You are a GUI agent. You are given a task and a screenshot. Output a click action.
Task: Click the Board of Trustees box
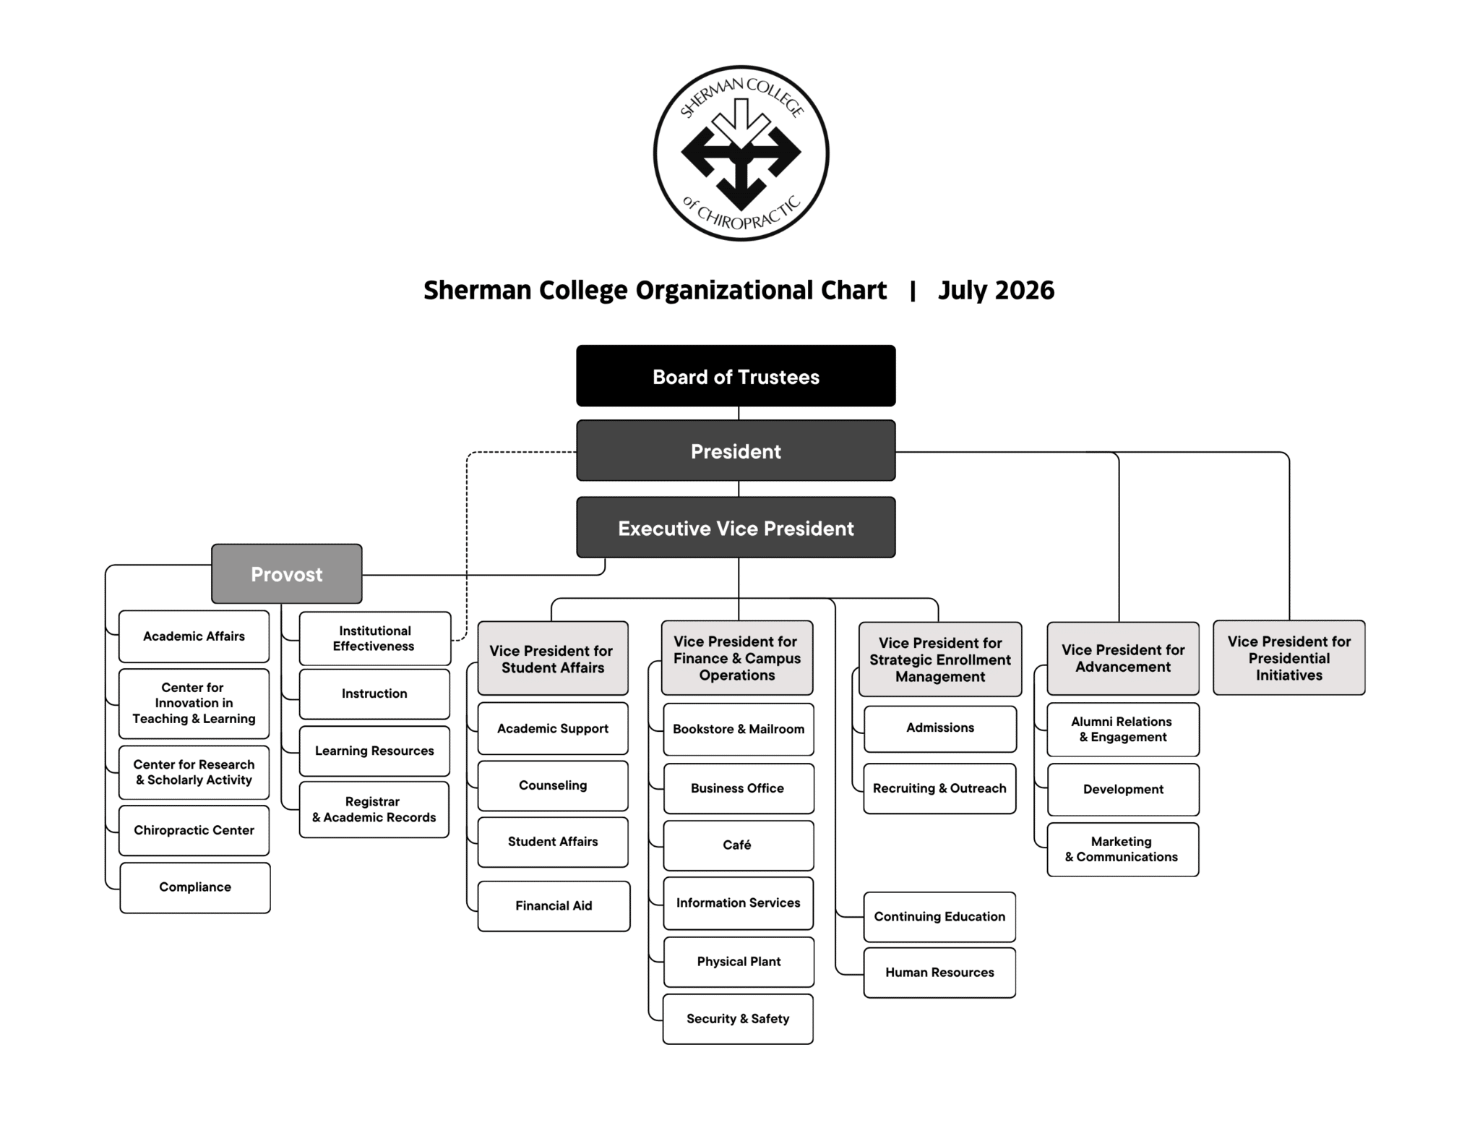(736, 376)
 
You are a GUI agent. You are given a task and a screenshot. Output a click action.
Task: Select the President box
(736, 451)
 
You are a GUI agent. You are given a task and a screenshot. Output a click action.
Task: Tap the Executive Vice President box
(736, 527)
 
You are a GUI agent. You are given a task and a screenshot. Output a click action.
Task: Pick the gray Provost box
(287, 574)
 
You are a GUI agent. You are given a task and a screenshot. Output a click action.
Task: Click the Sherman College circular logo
(741, 153)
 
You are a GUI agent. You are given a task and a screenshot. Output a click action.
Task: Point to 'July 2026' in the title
(996, 290)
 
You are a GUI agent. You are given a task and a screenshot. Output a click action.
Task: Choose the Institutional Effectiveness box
(375, 639)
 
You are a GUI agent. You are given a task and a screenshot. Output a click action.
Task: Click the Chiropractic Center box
(194, 830)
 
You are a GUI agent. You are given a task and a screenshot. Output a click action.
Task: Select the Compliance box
(195, 887)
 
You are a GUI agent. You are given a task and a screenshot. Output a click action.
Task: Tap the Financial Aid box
(554, 906)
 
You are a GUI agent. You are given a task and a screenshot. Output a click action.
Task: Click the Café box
(738, 845)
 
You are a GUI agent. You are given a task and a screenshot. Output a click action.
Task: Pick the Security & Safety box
(738, 1019)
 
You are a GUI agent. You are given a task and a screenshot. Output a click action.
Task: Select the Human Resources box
(939, 973)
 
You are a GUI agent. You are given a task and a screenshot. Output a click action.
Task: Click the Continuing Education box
(939, 917)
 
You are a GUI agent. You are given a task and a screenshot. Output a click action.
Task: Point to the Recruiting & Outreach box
(939, 788)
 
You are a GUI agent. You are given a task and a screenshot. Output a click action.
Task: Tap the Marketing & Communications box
(1123, 850)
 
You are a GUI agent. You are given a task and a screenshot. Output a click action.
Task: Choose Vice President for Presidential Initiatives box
(1289, 658)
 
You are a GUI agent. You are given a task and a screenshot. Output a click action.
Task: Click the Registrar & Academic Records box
(374, 810)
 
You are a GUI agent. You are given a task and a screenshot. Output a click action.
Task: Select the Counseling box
(553, 785)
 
